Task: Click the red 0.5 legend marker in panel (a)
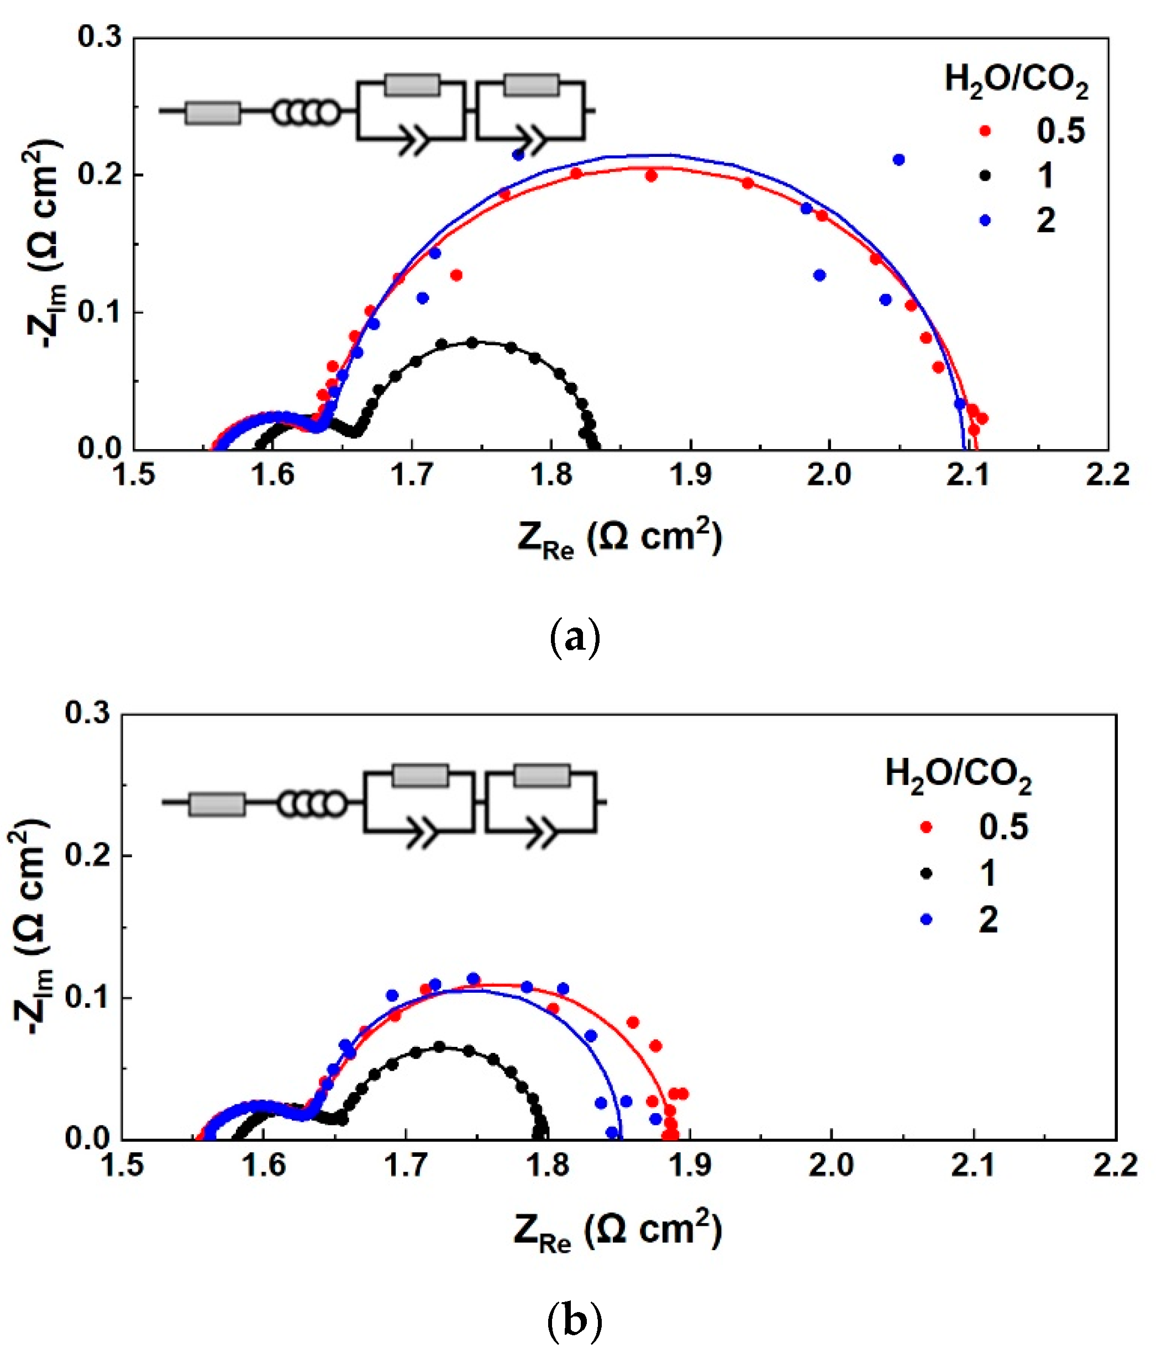pyautogui.click(x=985, y=131)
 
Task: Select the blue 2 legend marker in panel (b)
pyautogui.click(x=927, y=920)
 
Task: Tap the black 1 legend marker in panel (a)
pyautogui.click(x=985, y=176)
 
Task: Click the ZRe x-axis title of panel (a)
pyautogui.click(x=619, y=539)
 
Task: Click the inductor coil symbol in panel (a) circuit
pyautogui.click(x=306, y=113)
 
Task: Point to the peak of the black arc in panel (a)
pyautogui.click(x=472, y=342)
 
